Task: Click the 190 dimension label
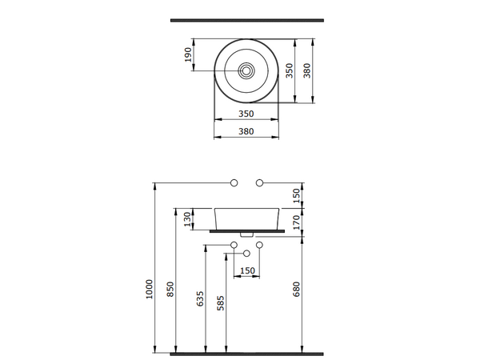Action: (189, 54)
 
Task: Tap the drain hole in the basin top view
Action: (246, 71)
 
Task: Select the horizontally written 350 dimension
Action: (246, 114)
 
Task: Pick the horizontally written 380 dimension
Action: (246, 131)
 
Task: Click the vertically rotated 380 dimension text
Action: (306, 70)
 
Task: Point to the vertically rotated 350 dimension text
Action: (290, 70)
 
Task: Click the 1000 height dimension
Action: (149, 290)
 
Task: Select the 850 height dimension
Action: (170, 289)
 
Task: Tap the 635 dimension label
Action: (200, 298)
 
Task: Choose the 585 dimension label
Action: (221, 303)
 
